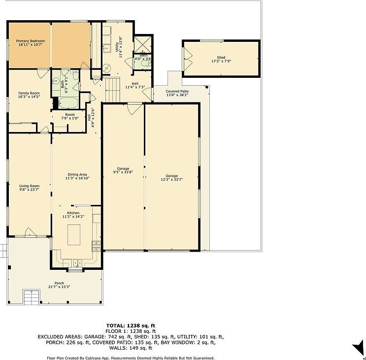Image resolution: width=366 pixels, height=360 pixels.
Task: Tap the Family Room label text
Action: click(x=29, y=93)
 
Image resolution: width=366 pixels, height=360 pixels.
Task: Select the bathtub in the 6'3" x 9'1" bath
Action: click(x=67, y=102)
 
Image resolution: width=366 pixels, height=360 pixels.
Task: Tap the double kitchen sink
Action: click(x=75, y=262)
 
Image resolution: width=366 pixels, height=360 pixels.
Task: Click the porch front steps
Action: click(x=31, y=297)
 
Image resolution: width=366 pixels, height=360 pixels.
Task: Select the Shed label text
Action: click(x=221, y=58)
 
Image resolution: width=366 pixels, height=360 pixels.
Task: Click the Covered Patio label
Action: click(x=177, y=91)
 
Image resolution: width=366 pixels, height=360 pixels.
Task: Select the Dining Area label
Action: click(x=77, y=175)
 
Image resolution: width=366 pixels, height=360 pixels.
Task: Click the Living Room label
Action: click(x=29, y=186)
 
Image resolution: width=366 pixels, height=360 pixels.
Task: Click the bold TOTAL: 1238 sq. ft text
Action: click(x=131, y=325)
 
